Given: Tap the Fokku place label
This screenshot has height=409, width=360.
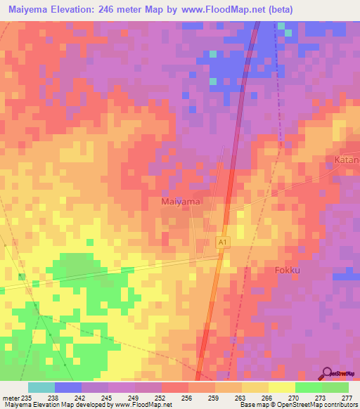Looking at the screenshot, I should pos(287,270).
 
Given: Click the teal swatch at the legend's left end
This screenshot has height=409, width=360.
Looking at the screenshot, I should pos(41,387).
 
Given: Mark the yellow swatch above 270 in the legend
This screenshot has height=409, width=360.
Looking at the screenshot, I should pos(282,387).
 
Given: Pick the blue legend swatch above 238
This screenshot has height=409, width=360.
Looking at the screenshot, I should pos(68,387).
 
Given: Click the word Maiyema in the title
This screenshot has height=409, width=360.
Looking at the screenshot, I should pos(29,10).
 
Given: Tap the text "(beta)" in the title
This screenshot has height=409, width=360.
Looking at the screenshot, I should pos(277,10).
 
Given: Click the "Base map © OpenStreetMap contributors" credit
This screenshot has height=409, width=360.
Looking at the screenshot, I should pos(297,405).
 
